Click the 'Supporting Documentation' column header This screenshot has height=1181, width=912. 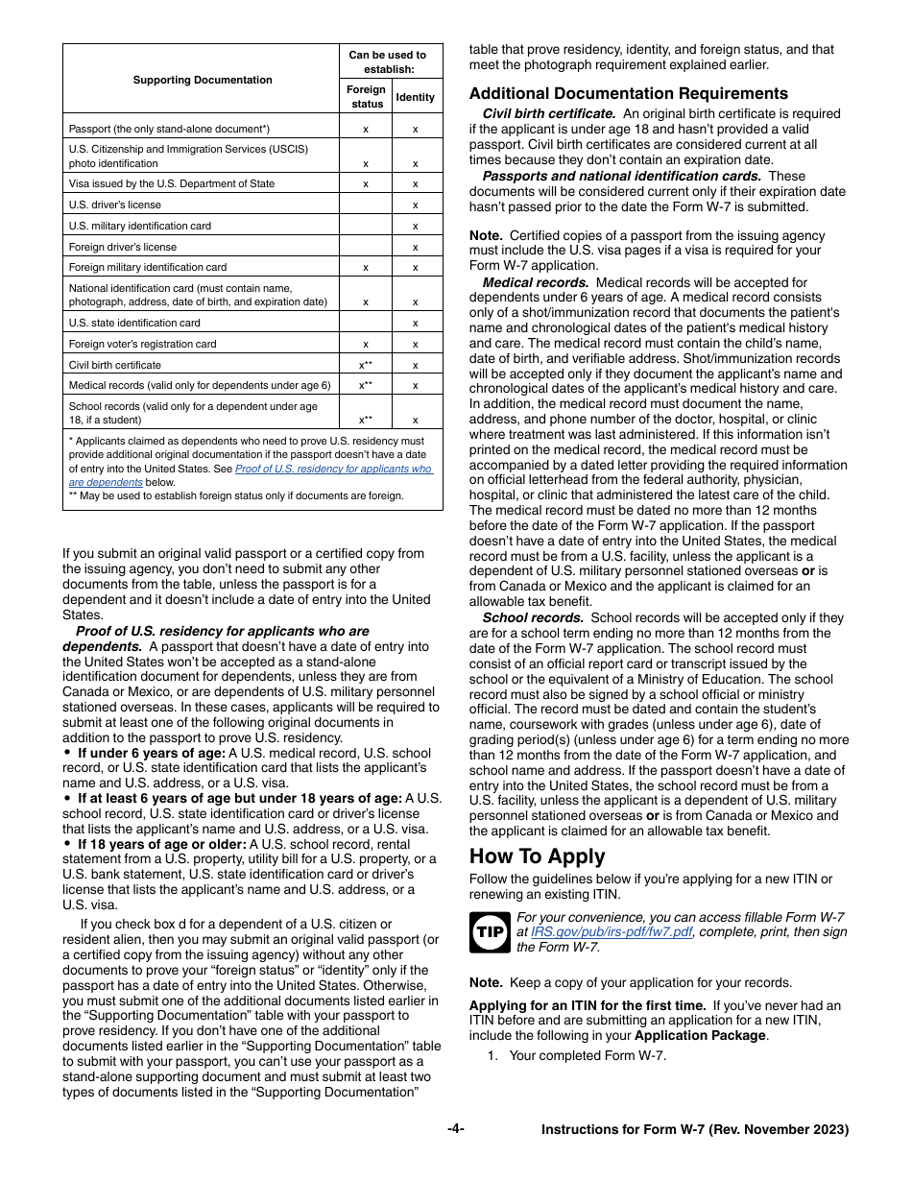click(x=202, y=80)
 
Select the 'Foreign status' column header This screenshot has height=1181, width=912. click(x=367, y=97)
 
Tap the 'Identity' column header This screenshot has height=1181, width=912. click(x=415, y=97)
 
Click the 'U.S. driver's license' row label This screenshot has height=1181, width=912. click(x=115, y=205)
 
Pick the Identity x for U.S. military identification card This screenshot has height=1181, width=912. click(x=415, y=226)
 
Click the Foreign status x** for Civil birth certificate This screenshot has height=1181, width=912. click(x=366, y=365)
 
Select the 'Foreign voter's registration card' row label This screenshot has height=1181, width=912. click(x=142, y=344)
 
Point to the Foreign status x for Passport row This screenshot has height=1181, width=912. click(x=366, y=129)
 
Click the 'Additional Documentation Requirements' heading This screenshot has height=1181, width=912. click(x=628, y=93)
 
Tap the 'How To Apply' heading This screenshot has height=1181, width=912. click(x=537, y=856)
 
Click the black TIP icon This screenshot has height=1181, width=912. click(x=489, y=932)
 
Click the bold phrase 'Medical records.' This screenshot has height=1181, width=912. click(x=536, y=282)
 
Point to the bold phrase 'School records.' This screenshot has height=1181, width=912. click(x=533, y=617)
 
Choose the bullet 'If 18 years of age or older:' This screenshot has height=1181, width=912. click(x=162, y=844)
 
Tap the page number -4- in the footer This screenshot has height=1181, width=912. click(x=455, y=1129)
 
